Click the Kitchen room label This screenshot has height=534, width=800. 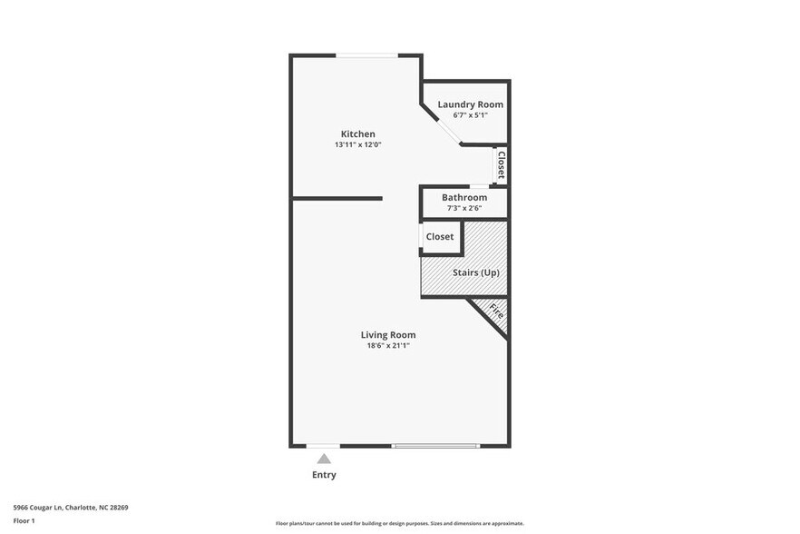[x=357, y=134]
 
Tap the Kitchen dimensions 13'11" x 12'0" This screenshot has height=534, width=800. [x=357, y=145]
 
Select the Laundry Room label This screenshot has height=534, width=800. [x=470, y=104]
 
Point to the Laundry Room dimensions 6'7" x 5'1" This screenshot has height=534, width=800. [x=470, y=115]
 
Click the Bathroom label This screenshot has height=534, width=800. [x=464, y=198]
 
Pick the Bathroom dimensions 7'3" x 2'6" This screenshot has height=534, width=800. [x=464, y=209]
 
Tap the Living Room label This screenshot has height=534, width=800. [x=388, y=335]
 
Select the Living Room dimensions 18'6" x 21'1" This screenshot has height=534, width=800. [x=388, y=346]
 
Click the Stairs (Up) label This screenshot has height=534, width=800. [x=476, y=272]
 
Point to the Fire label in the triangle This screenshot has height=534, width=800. [x=496, y=311]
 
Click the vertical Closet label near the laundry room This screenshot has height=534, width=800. [x=501, y=164]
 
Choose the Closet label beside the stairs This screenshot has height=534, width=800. [x=440, y=237]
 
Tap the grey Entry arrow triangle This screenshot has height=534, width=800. [x=324, y=459]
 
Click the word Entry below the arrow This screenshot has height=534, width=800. [x=324, y=475]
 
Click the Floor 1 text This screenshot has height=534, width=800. [x=24, y=520]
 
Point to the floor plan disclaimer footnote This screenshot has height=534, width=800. [x=399, y=524]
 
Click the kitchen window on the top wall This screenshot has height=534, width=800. [x=366, y=55]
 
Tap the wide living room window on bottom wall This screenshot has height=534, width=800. [x=435, y=446]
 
